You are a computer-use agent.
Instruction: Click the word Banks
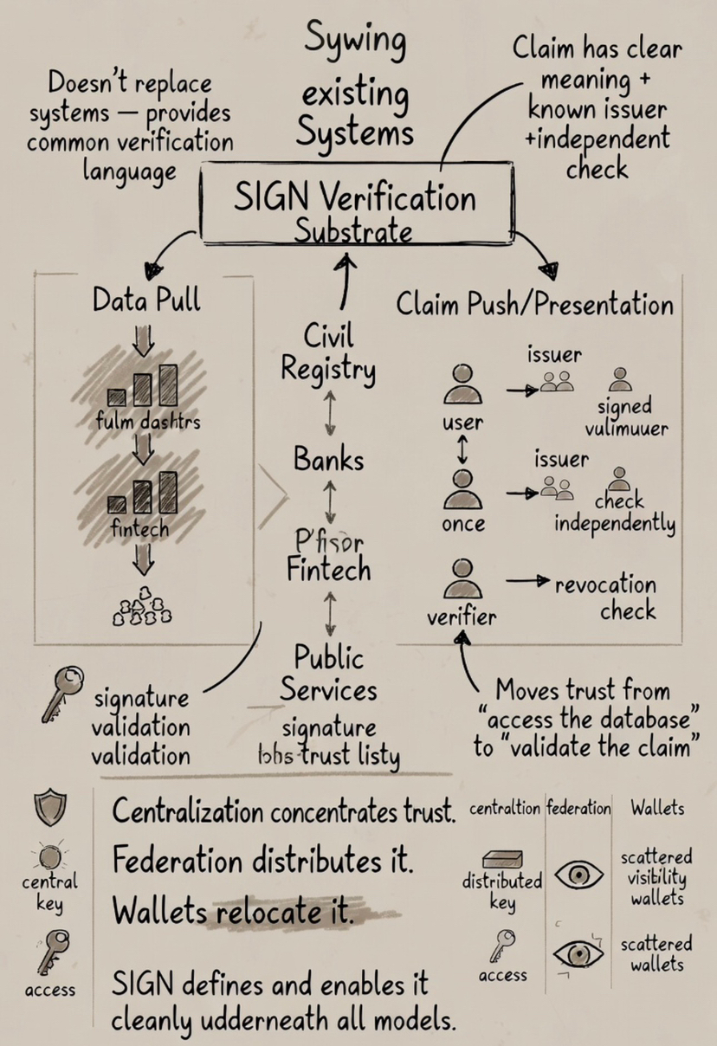[329, 458]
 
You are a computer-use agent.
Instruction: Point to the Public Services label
[328, 673]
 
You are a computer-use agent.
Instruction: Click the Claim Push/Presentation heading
[534, 304]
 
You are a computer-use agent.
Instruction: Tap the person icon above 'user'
[463, 384]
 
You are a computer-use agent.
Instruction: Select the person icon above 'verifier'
[463, 579]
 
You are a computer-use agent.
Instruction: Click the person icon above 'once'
[463, 488]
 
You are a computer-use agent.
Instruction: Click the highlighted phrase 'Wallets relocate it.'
[234, 912]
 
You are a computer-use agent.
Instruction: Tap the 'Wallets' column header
[657, 809]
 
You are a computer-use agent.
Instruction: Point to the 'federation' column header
[578, 809]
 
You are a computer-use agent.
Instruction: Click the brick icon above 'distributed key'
[501, 858]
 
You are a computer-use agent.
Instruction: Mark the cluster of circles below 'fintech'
[143, 606]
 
